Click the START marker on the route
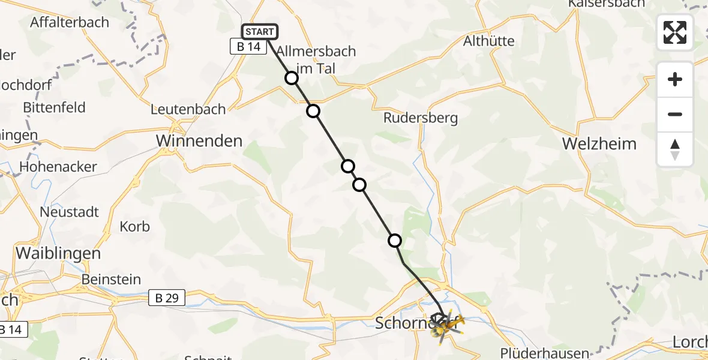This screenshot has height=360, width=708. pyautogui.click(x=259, y=32)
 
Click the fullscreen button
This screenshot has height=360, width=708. pyautogui.click(x=675, y=32)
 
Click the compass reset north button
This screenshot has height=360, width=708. pyautogui.click(x=675, y=149)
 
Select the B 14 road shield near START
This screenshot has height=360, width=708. pyautogui.click(x=248, y=47)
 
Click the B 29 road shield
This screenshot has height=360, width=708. pyautogui.click(x=167, y=298)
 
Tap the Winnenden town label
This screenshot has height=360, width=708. pyautogui.click(x=199, y=141)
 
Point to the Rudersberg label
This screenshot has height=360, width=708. pyautogui.click(x=421, y=118)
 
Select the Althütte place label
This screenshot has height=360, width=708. pyautogui.click(x=489, y=41)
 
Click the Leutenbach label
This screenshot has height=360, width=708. pyautogui.click(x=188, y=109)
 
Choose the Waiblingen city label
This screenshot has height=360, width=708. pyautogui.click(x=58, y=253)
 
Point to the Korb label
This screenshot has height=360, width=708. pyautogui.click(x=135, y=227)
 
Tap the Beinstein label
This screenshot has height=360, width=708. pyautogui.click(x=112, y=280)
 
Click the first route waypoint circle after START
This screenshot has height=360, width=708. pyautogui.click(x=292, y=78)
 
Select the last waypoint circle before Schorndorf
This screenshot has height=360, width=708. pyautogui.click(x=395, y=241)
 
